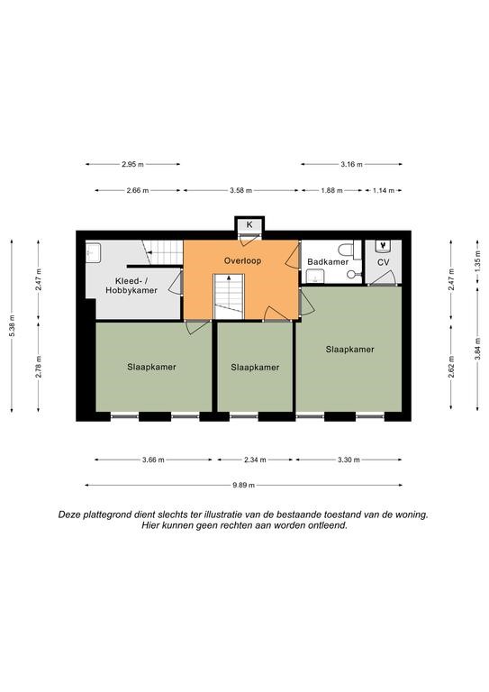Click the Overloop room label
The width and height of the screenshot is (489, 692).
tap(242, 260)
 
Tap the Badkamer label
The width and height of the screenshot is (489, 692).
tap(328, 261)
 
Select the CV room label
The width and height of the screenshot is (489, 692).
tap(384, 262)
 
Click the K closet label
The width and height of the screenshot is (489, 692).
tap(249, 224)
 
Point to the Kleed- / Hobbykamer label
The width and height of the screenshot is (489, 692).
tap(131, 286)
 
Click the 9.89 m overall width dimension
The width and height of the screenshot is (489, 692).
tap(244, 485)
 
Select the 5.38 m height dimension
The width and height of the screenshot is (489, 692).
tap(12, 325)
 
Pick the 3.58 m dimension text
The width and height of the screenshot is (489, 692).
tap(240, 191)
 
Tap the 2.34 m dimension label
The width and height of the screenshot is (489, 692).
tap(255, 460)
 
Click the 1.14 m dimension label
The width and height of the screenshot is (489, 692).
tap(384, 191)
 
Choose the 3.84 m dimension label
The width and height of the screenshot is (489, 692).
tap(477, 349)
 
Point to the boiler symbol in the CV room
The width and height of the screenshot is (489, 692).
tap(383, 246)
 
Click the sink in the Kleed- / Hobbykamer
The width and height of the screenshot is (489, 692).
tap(93, 252)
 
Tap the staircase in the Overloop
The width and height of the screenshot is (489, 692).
tap(229, 296)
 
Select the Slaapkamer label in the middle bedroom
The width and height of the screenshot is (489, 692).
tap(255, 368)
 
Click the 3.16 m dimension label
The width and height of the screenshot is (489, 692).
tap(351, 164)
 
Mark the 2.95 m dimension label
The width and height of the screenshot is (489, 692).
tap(132, 164)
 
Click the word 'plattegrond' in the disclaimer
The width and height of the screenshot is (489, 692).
tap(103, 515)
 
